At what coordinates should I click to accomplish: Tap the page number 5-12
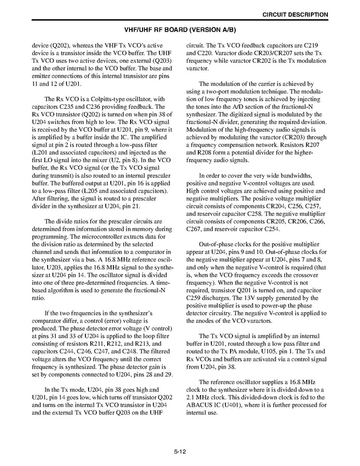pyautogui.click(x=180, y=451)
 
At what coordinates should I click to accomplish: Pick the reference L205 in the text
pyautogui.click(x=104, y=191)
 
